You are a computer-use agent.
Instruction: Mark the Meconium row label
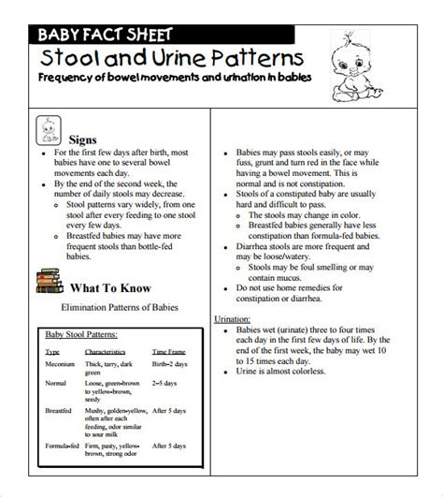(61, 365)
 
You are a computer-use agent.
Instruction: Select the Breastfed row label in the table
(61, 409)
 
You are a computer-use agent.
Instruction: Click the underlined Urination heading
(234, 319)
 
